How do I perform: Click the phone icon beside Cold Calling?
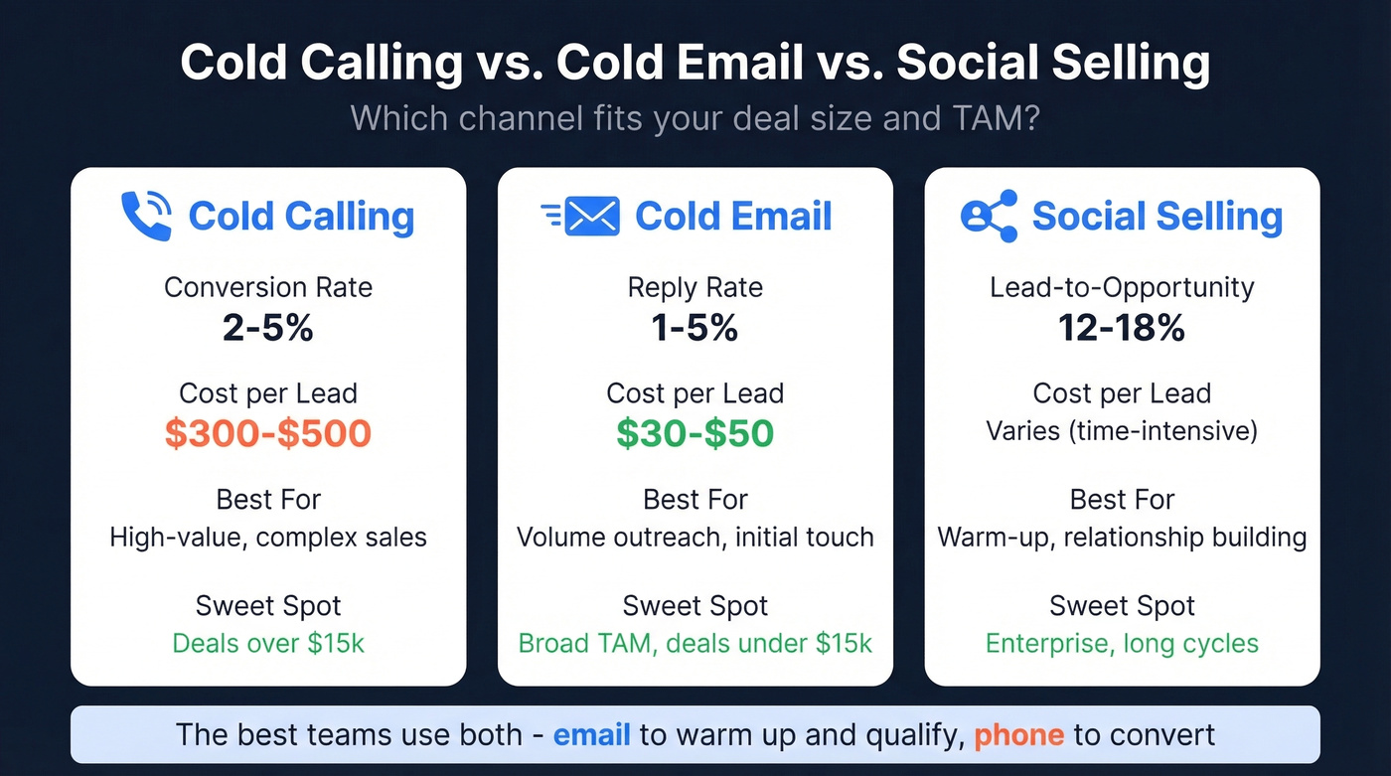[146, 216]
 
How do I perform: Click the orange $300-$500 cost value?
[268, 433]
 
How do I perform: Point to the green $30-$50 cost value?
[695, 433]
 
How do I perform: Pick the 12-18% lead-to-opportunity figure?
[1122, 327]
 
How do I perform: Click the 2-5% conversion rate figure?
[268, 327]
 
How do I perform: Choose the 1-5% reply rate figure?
[695, 327]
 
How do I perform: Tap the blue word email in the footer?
[591, 735]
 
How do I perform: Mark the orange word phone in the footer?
[1018, 735]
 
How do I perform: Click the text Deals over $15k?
[268, 643]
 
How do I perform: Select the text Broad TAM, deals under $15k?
[695, 643]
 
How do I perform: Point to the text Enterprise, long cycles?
[1122, 643]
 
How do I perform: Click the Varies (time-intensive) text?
[1122, 431]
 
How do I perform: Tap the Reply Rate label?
[695, 288]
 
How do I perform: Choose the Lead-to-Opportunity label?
[1122, 288]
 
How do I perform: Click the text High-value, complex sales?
[268, 538]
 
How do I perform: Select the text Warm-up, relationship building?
[1122, 538]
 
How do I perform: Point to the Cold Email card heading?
[733, 216]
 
